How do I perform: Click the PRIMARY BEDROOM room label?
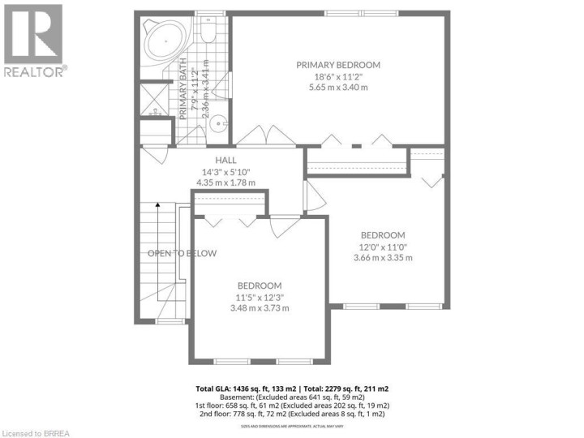coord(338,65)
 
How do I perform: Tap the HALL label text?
coord(226,160)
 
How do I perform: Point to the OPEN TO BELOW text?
coord(182,253)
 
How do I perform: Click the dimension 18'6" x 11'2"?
coord(338,77)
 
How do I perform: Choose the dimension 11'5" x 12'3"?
coord(260,297)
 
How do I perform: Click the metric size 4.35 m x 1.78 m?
coord(226,182)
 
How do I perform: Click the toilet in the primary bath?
coord(208,32)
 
